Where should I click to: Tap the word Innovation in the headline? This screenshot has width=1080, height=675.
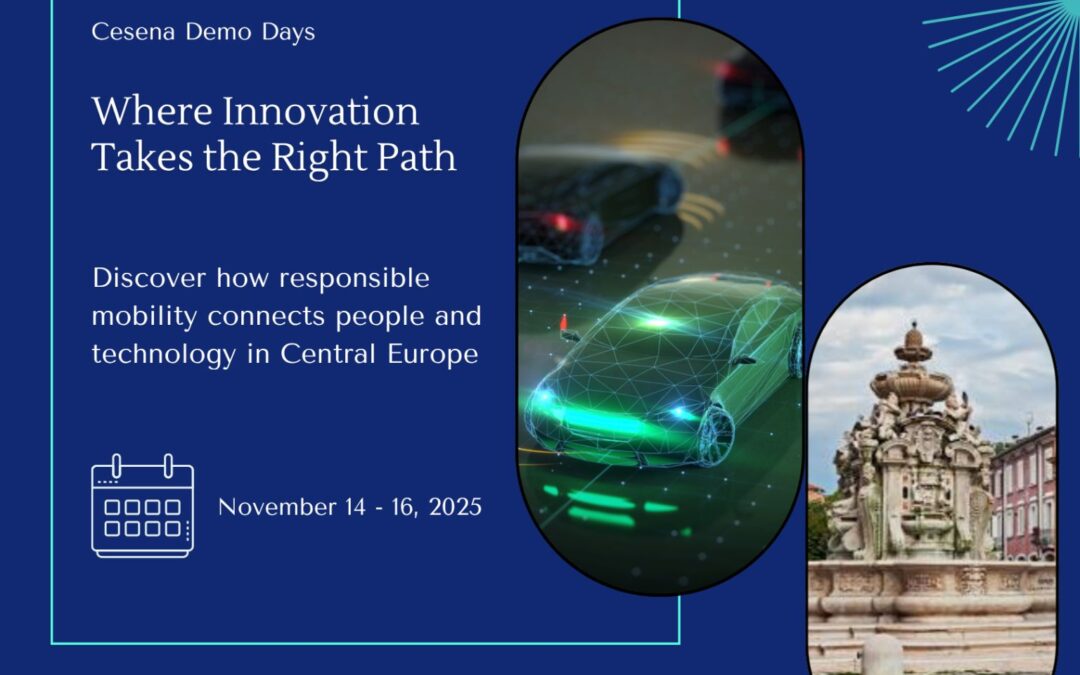coord(320,111)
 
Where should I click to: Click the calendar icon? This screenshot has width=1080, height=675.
coord(143,506)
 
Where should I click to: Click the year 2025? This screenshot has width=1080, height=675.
coord(455,507)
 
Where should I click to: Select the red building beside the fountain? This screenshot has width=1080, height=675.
coord(1024,490)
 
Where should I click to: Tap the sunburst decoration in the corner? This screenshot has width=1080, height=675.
coord(1010,60)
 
